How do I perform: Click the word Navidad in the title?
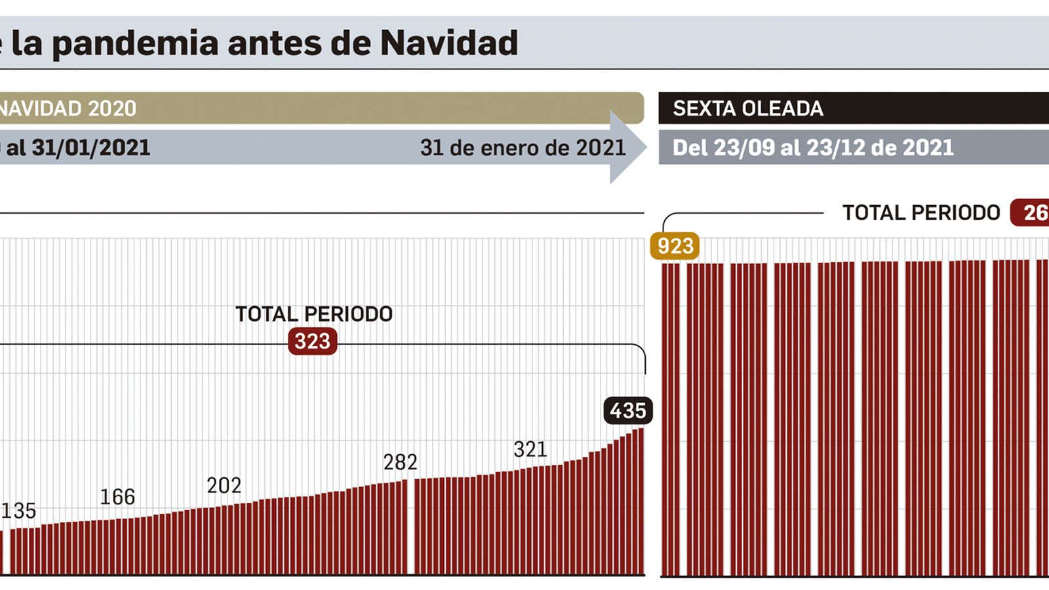point(448,43)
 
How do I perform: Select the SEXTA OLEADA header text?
point(747,108)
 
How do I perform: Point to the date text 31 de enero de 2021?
point(523,147)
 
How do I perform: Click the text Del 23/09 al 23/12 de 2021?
point(813,147)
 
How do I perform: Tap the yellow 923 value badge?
point(675,246)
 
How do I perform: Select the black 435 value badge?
point(627,410)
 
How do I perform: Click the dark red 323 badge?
point(312,341)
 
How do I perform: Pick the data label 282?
point(400,462)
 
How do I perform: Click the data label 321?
point(530,450)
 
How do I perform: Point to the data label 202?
point(224,486)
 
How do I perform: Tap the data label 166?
point(117,497)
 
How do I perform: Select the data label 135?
point(18,511)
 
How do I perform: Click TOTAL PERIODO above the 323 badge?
point(313,314)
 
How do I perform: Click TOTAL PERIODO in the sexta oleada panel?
point(920,213)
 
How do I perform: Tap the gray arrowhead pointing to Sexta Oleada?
point(627,147)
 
